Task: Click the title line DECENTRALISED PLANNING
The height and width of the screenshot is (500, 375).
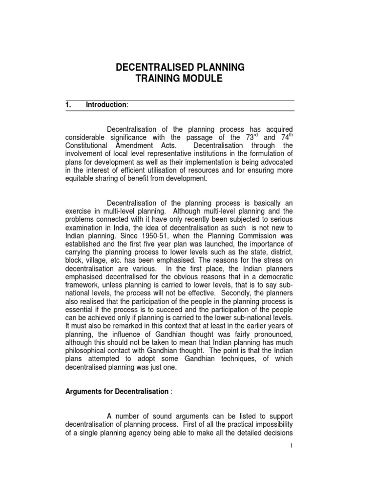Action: [180, 67]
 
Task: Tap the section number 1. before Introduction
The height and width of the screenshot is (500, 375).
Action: [69, 104]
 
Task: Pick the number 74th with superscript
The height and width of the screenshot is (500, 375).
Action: [284, 137]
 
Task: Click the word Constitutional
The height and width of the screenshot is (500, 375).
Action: [88, 146]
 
